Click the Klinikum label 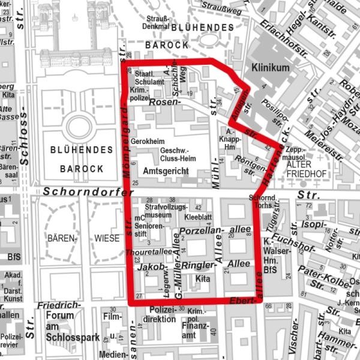pos(271,68)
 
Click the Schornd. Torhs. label pos(262,202)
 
